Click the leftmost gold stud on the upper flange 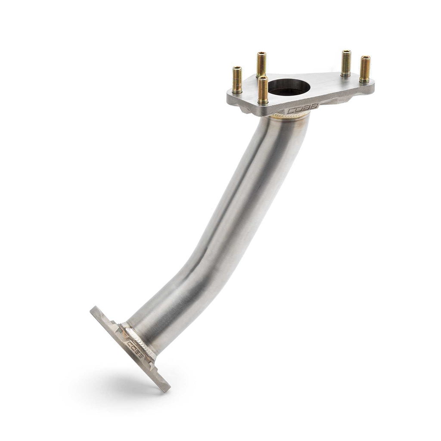238,80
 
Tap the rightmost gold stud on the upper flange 365,69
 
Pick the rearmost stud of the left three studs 261,65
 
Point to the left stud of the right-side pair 346,64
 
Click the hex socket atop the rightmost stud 365,57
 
